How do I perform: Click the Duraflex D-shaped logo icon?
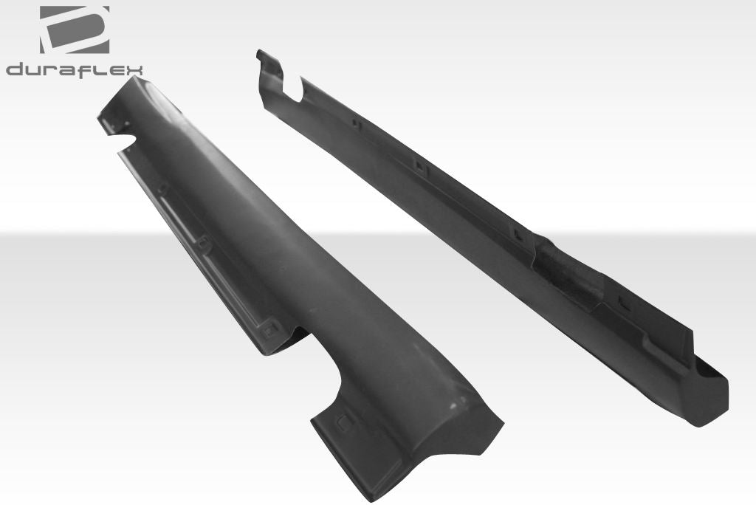[x=74, y=30]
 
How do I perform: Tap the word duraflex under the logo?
[x=75, y=69]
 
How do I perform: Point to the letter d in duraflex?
[x=16, y=69]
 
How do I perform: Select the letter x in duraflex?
[x=134, y=70]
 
